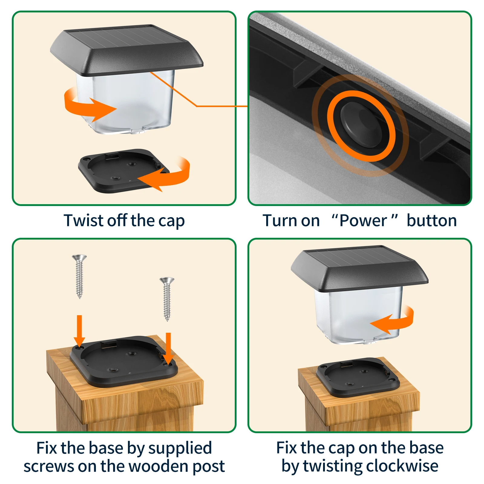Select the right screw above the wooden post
click(167, 298)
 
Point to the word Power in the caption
click(363, 221)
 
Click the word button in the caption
click(432, 221)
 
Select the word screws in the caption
click(49, 466)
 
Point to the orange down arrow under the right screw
click(168, 348)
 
